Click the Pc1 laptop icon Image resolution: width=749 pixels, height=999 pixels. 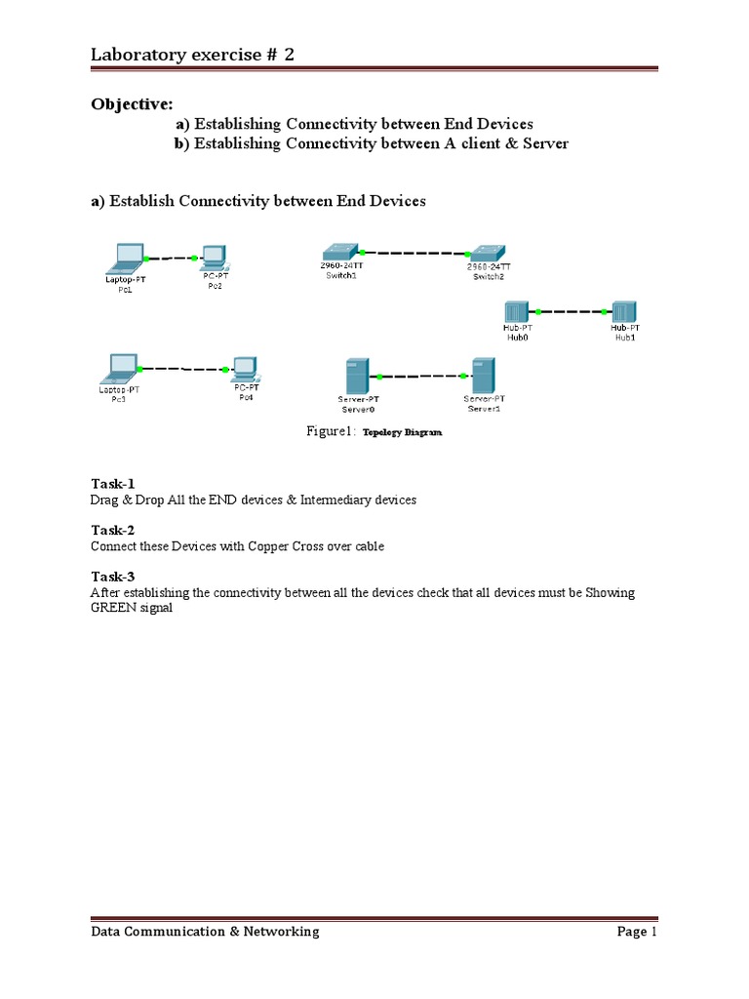click(x=127, y=259)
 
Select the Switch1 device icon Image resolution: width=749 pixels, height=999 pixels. click(x=341, y=252)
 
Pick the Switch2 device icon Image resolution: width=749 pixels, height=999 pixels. click(x=487, y=253)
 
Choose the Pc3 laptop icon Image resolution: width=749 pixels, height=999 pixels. click(x=120, y=369)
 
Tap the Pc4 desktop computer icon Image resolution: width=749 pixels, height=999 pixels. click(x=245, y=369)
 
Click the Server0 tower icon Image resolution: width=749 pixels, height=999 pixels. click(x=358, y=376)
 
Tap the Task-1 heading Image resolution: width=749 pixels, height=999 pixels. click(x=112, y=484)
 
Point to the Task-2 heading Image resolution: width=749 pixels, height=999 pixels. click(x=112, y=530)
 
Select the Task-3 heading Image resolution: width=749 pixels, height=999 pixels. click(x=112, y=577)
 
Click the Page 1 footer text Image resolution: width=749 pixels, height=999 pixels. click(x=638, y=932)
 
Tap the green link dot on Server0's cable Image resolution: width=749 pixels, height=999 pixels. click(x=376, y=375)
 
